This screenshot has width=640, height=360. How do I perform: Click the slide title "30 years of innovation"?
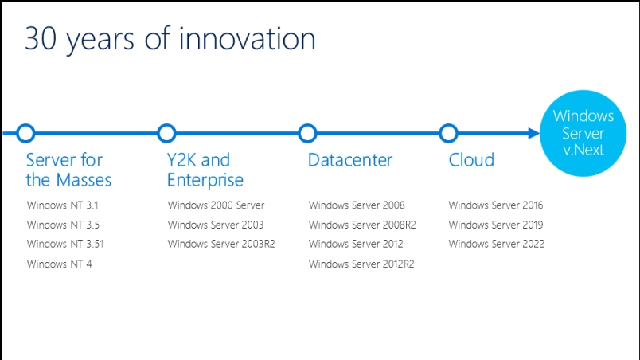pyautogui.click(x=170, y=39)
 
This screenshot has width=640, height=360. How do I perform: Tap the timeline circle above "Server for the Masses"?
pyautogui.click(x=25, y=125)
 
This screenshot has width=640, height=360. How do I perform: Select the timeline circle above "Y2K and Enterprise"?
pyautogui.click(x=166, y=125)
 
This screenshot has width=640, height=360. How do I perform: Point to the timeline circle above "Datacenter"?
pyautogui.click(x=307, y=125)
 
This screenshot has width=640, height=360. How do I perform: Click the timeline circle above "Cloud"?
pyautogui.click(x=449, y=125)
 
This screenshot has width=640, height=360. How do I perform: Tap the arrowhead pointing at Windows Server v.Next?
pyautogui.click(x=534, y=133)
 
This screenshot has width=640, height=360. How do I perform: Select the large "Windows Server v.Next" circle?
pyautogui.click(x=583, y=133)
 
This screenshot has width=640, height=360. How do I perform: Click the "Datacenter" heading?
pyautogui.click(x=350, y=160)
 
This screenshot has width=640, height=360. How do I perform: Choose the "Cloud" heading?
pyautogui.click(x=471, y=160)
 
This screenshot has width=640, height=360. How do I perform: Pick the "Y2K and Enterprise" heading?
pyautogui.click(x=205, y=170)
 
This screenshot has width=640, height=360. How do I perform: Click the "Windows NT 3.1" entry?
pyautogui.click(x=62, y=205)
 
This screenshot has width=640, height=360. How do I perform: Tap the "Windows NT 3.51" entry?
pyautogui.click(x=65, y=244)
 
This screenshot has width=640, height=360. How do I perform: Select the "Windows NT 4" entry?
pyautogui.click(x=59, y=264)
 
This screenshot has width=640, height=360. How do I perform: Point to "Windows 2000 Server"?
pyautogui.click(x=216, y=205)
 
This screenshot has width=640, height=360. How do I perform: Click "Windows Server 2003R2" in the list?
pyautogui.click(x=221, y=244)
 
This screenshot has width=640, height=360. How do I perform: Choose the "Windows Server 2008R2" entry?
pyautogui.click(x=362, y=225)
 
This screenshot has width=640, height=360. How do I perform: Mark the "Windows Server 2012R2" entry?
pyautogui.click(x=361, y=264)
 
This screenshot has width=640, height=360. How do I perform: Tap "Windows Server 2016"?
pyautogui.click(x=495, y=205)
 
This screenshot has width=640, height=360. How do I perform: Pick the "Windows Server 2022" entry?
pyautogui.click(x=497, y=244)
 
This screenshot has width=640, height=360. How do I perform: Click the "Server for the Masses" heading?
pyautogui.click(x=68, y=170)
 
